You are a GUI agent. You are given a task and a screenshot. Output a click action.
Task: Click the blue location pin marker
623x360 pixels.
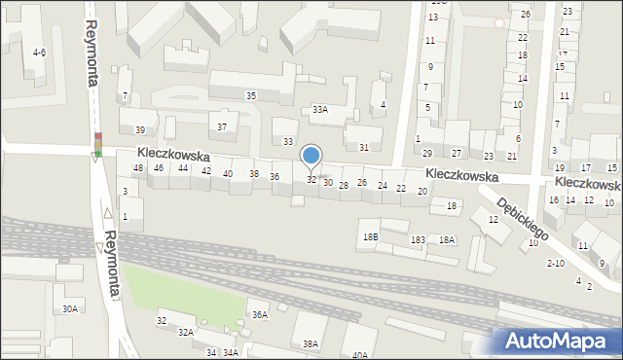pos(311,156)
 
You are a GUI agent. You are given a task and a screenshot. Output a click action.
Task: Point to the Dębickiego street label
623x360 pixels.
pos(523,219)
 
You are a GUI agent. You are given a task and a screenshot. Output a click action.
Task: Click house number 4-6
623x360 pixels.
pos(39,53)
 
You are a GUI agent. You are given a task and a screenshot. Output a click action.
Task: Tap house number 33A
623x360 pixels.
pos(319,110)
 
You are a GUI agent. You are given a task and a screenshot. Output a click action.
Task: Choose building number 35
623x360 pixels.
pos(251,95)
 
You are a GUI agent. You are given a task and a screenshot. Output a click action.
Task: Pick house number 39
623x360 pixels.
pos(140,130)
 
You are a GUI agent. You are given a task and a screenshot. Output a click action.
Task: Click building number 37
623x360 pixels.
pos(222,126)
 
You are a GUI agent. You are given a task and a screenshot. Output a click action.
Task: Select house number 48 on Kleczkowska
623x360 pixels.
pos(138,168)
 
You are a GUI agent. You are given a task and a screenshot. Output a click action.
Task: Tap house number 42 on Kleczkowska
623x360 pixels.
pos(206,171)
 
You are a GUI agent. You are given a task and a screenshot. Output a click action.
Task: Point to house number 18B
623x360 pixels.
pos(370,236)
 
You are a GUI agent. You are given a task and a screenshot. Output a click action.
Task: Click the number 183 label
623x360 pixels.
pos(418,239)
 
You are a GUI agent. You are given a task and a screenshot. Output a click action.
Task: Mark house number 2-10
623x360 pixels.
pos(556,263)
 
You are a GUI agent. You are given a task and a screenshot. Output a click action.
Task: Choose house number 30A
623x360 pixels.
pos(70,308)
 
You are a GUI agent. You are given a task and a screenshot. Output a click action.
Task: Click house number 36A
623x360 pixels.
pos(259,314)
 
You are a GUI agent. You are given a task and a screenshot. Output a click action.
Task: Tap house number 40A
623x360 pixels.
pos(360,355)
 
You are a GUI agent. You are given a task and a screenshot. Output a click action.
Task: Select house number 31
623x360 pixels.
pos(364,147)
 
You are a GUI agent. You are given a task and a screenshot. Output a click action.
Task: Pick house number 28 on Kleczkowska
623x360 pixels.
pos(344,185)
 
